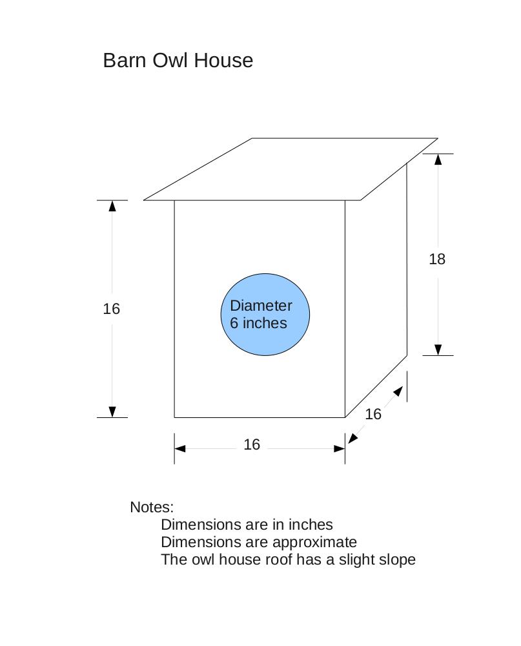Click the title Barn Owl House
tap(178, 60)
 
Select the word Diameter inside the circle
tap(261, 306)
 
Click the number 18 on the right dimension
tap(437, 259)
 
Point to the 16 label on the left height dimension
tap(111, 309)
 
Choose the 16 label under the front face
tap(252, 444)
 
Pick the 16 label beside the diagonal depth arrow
tap(373, 414)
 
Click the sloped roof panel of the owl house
tap(291, 169)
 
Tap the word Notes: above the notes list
tap(152, 507)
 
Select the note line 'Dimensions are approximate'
tap(258, 542)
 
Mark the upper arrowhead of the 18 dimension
tap(438, 159)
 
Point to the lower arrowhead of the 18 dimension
tap(438, 349)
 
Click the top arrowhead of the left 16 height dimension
tap(112, 205)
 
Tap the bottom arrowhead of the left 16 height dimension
tap(112, 412)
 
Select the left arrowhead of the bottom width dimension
tap(180, 448)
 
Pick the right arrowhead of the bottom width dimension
tap(339, 448)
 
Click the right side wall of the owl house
tap(376, 291)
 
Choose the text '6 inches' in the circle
tap(258, 323)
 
